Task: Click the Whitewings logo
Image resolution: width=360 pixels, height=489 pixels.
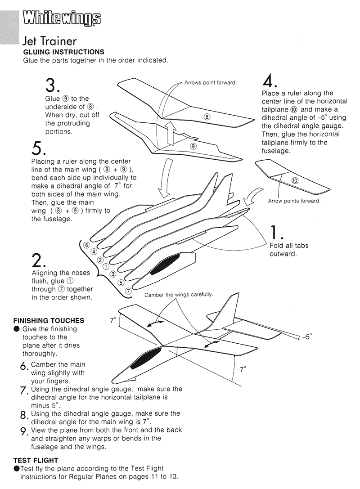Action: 61,18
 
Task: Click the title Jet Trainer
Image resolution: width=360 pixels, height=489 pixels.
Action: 49,41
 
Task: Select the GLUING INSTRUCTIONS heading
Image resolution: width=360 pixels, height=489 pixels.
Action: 63,52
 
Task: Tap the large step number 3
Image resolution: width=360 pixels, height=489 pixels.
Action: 53,85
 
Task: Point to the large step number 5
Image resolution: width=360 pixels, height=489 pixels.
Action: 39,148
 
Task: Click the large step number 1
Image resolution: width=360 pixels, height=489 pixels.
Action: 275,232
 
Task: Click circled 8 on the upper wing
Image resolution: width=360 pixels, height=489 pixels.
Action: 207,117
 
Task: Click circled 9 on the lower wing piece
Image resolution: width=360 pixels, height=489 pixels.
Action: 193,146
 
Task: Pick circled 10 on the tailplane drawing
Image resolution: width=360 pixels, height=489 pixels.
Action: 295,181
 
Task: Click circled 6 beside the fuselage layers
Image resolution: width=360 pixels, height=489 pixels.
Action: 86,245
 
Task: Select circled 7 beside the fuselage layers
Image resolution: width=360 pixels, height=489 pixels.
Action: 128,291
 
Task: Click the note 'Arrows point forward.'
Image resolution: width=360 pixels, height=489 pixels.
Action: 210,83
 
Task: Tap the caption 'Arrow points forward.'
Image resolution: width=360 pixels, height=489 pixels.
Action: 294,201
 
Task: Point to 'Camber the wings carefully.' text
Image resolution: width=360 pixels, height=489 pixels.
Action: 179,295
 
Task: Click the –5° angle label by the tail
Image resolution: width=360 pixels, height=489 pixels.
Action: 306,336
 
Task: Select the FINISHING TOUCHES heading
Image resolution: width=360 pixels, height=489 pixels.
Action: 49,321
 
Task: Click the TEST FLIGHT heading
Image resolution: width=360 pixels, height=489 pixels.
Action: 36,460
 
